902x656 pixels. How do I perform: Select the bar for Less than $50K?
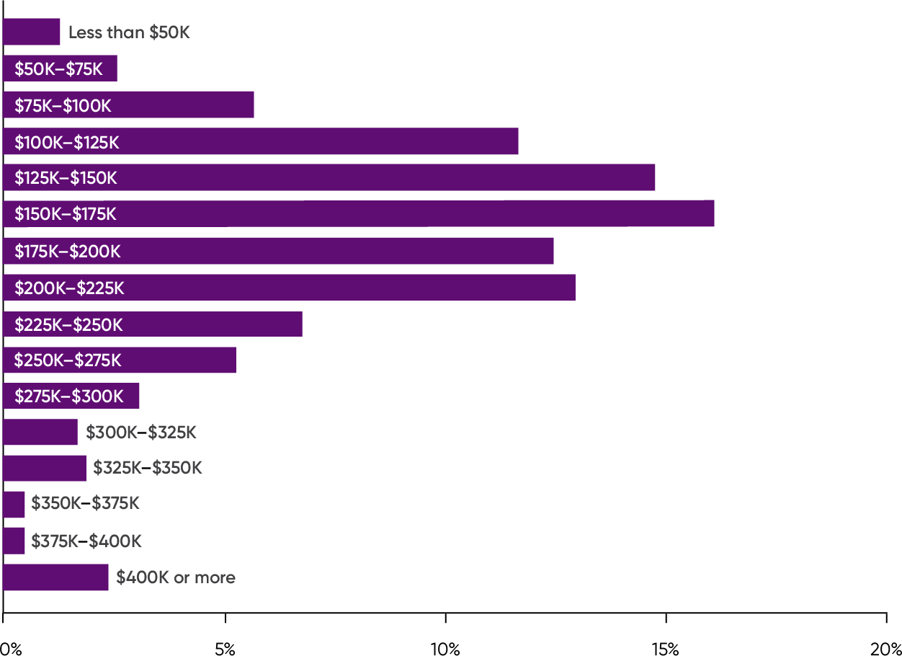32,32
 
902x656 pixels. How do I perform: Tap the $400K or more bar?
56,577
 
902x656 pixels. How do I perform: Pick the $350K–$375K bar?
14,504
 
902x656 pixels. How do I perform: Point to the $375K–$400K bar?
14,541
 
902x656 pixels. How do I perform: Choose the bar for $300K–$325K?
40,432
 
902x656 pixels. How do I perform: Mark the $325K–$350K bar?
45,468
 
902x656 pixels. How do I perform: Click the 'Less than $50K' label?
129,32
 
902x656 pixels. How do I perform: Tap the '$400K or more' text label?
176,577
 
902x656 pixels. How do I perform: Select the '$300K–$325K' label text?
141,433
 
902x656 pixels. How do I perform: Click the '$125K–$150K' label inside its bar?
66,177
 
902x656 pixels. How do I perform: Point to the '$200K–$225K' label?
69,288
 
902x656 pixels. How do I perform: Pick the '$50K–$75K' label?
59,69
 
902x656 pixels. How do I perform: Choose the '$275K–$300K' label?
69,396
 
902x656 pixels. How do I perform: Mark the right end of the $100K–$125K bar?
517,141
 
